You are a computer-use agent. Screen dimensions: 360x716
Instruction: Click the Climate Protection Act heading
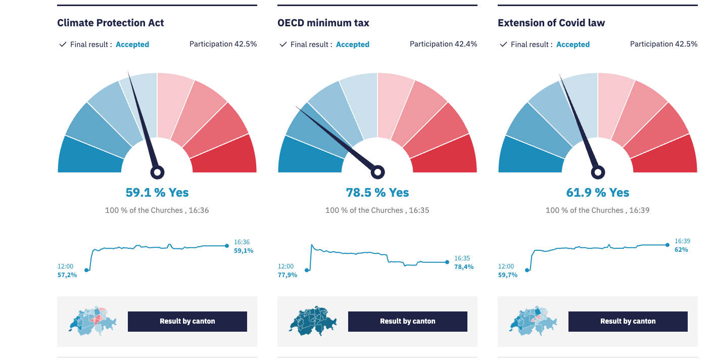point(110,23)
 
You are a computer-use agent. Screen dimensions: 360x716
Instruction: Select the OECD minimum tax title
point(323,23)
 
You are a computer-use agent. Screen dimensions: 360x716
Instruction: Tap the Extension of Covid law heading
point(551,23)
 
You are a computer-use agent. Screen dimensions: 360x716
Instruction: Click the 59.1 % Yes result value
point(157,193)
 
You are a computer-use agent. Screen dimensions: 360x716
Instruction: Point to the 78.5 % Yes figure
point(377,193)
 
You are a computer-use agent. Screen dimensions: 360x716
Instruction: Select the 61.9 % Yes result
point(597,193)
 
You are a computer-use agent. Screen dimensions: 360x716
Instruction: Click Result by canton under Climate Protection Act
point(187,322)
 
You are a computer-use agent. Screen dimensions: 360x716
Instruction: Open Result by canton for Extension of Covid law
point(628,322)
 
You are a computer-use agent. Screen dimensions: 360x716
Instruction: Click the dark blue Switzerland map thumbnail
point(313,321)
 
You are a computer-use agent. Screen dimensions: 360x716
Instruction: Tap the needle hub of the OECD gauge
point(377,172)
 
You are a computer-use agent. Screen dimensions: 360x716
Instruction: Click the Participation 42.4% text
point(443,44)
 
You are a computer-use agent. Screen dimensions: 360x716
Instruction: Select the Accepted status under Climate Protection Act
point(132,44)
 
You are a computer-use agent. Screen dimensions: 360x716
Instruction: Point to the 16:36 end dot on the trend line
point(227,246)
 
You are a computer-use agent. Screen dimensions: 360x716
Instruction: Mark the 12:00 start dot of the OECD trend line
point(307,270)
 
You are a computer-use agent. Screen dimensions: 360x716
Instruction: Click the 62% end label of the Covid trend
point(681,249)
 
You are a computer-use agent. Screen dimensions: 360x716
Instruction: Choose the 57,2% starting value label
point(67,275)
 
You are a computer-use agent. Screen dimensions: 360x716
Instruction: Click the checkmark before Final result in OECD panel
point(283,44)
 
